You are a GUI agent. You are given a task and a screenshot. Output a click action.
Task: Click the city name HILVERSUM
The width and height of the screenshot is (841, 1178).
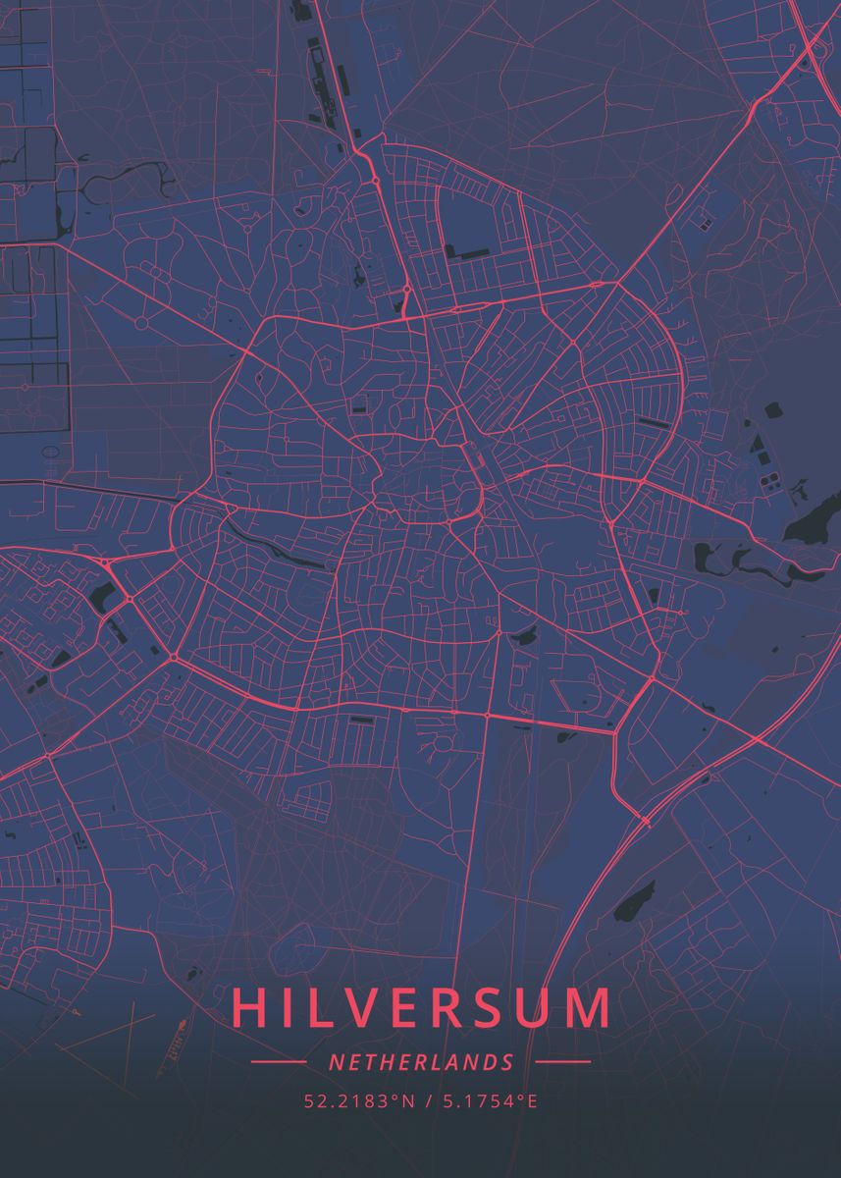(x=422, y=1008)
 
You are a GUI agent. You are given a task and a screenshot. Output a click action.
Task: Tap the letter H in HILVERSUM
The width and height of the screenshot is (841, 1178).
(x=251, y=1008)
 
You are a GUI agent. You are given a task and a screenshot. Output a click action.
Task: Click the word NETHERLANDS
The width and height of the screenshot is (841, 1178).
(x=421, y=1062)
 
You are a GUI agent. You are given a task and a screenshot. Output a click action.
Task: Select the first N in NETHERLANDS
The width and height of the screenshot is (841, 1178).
(x=336, y=1062)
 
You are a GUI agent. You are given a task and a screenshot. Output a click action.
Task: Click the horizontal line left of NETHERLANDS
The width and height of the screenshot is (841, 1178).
(x=279, y=1062)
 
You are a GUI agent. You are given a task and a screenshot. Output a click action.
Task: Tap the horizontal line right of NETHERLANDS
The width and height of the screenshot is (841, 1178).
(x=563, y=1062)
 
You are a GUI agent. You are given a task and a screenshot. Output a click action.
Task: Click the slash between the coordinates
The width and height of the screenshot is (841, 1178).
(x=424, y=1101)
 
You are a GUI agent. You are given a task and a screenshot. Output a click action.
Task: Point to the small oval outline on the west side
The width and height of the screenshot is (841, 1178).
(x=50, y=453)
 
